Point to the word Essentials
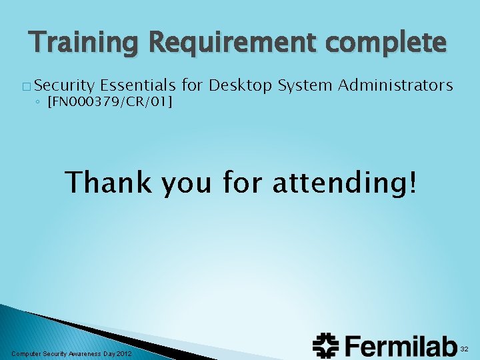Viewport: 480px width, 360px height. click(138, 85)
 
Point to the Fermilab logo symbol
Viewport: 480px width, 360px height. click(327, 346)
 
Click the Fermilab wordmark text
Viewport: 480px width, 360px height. click(400, 346)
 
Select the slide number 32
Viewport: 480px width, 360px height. click(465, 349)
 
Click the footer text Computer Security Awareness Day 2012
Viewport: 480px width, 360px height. click(72, 353)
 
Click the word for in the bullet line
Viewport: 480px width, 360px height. click(193, 85)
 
